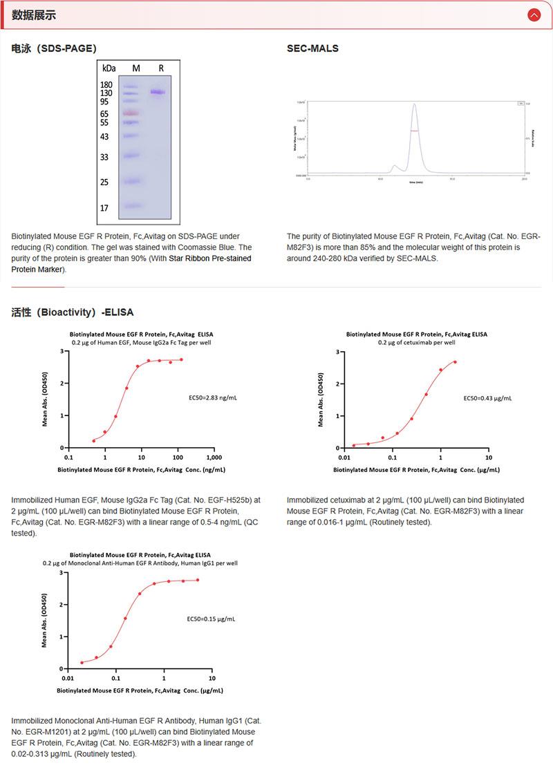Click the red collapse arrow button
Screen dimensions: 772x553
(x=534, y=15)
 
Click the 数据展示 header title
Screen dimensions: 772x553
(x=34, y=15)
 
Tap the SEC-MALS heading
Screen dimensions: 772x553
(x=312, y=48)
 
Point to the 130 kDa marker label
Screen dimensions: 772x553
(x=106, y=93)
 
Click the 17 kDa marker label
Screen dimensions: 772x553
(x=104, y=208)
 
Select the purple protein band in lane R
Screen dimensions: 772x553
(x=159, y=92)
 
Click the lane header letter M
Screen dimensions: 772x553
(x=136, y=68)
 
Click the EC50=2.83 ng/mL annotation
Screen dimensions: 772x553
(x=212, y=398)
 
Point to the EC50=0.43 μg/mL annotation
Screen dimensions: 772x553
(x=487, y=398)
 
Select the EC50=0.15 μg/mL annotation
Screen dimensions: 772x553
(x=211, y=619)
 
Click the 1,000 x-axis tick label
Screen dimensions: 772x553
(x=214, y=458)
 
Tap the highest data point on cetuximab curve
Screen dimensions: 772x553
(x=455, y=362)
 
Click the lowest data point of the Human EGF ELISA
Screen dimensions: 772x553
(x=94, y=440)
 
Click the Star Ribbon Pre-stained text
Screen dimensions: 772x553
(x=210, y=258)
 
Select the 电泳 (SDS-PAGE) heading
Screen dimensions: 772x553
(x=54, y=48)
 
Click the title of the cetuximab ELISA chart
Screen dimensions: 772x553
(x=416, y=334)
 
